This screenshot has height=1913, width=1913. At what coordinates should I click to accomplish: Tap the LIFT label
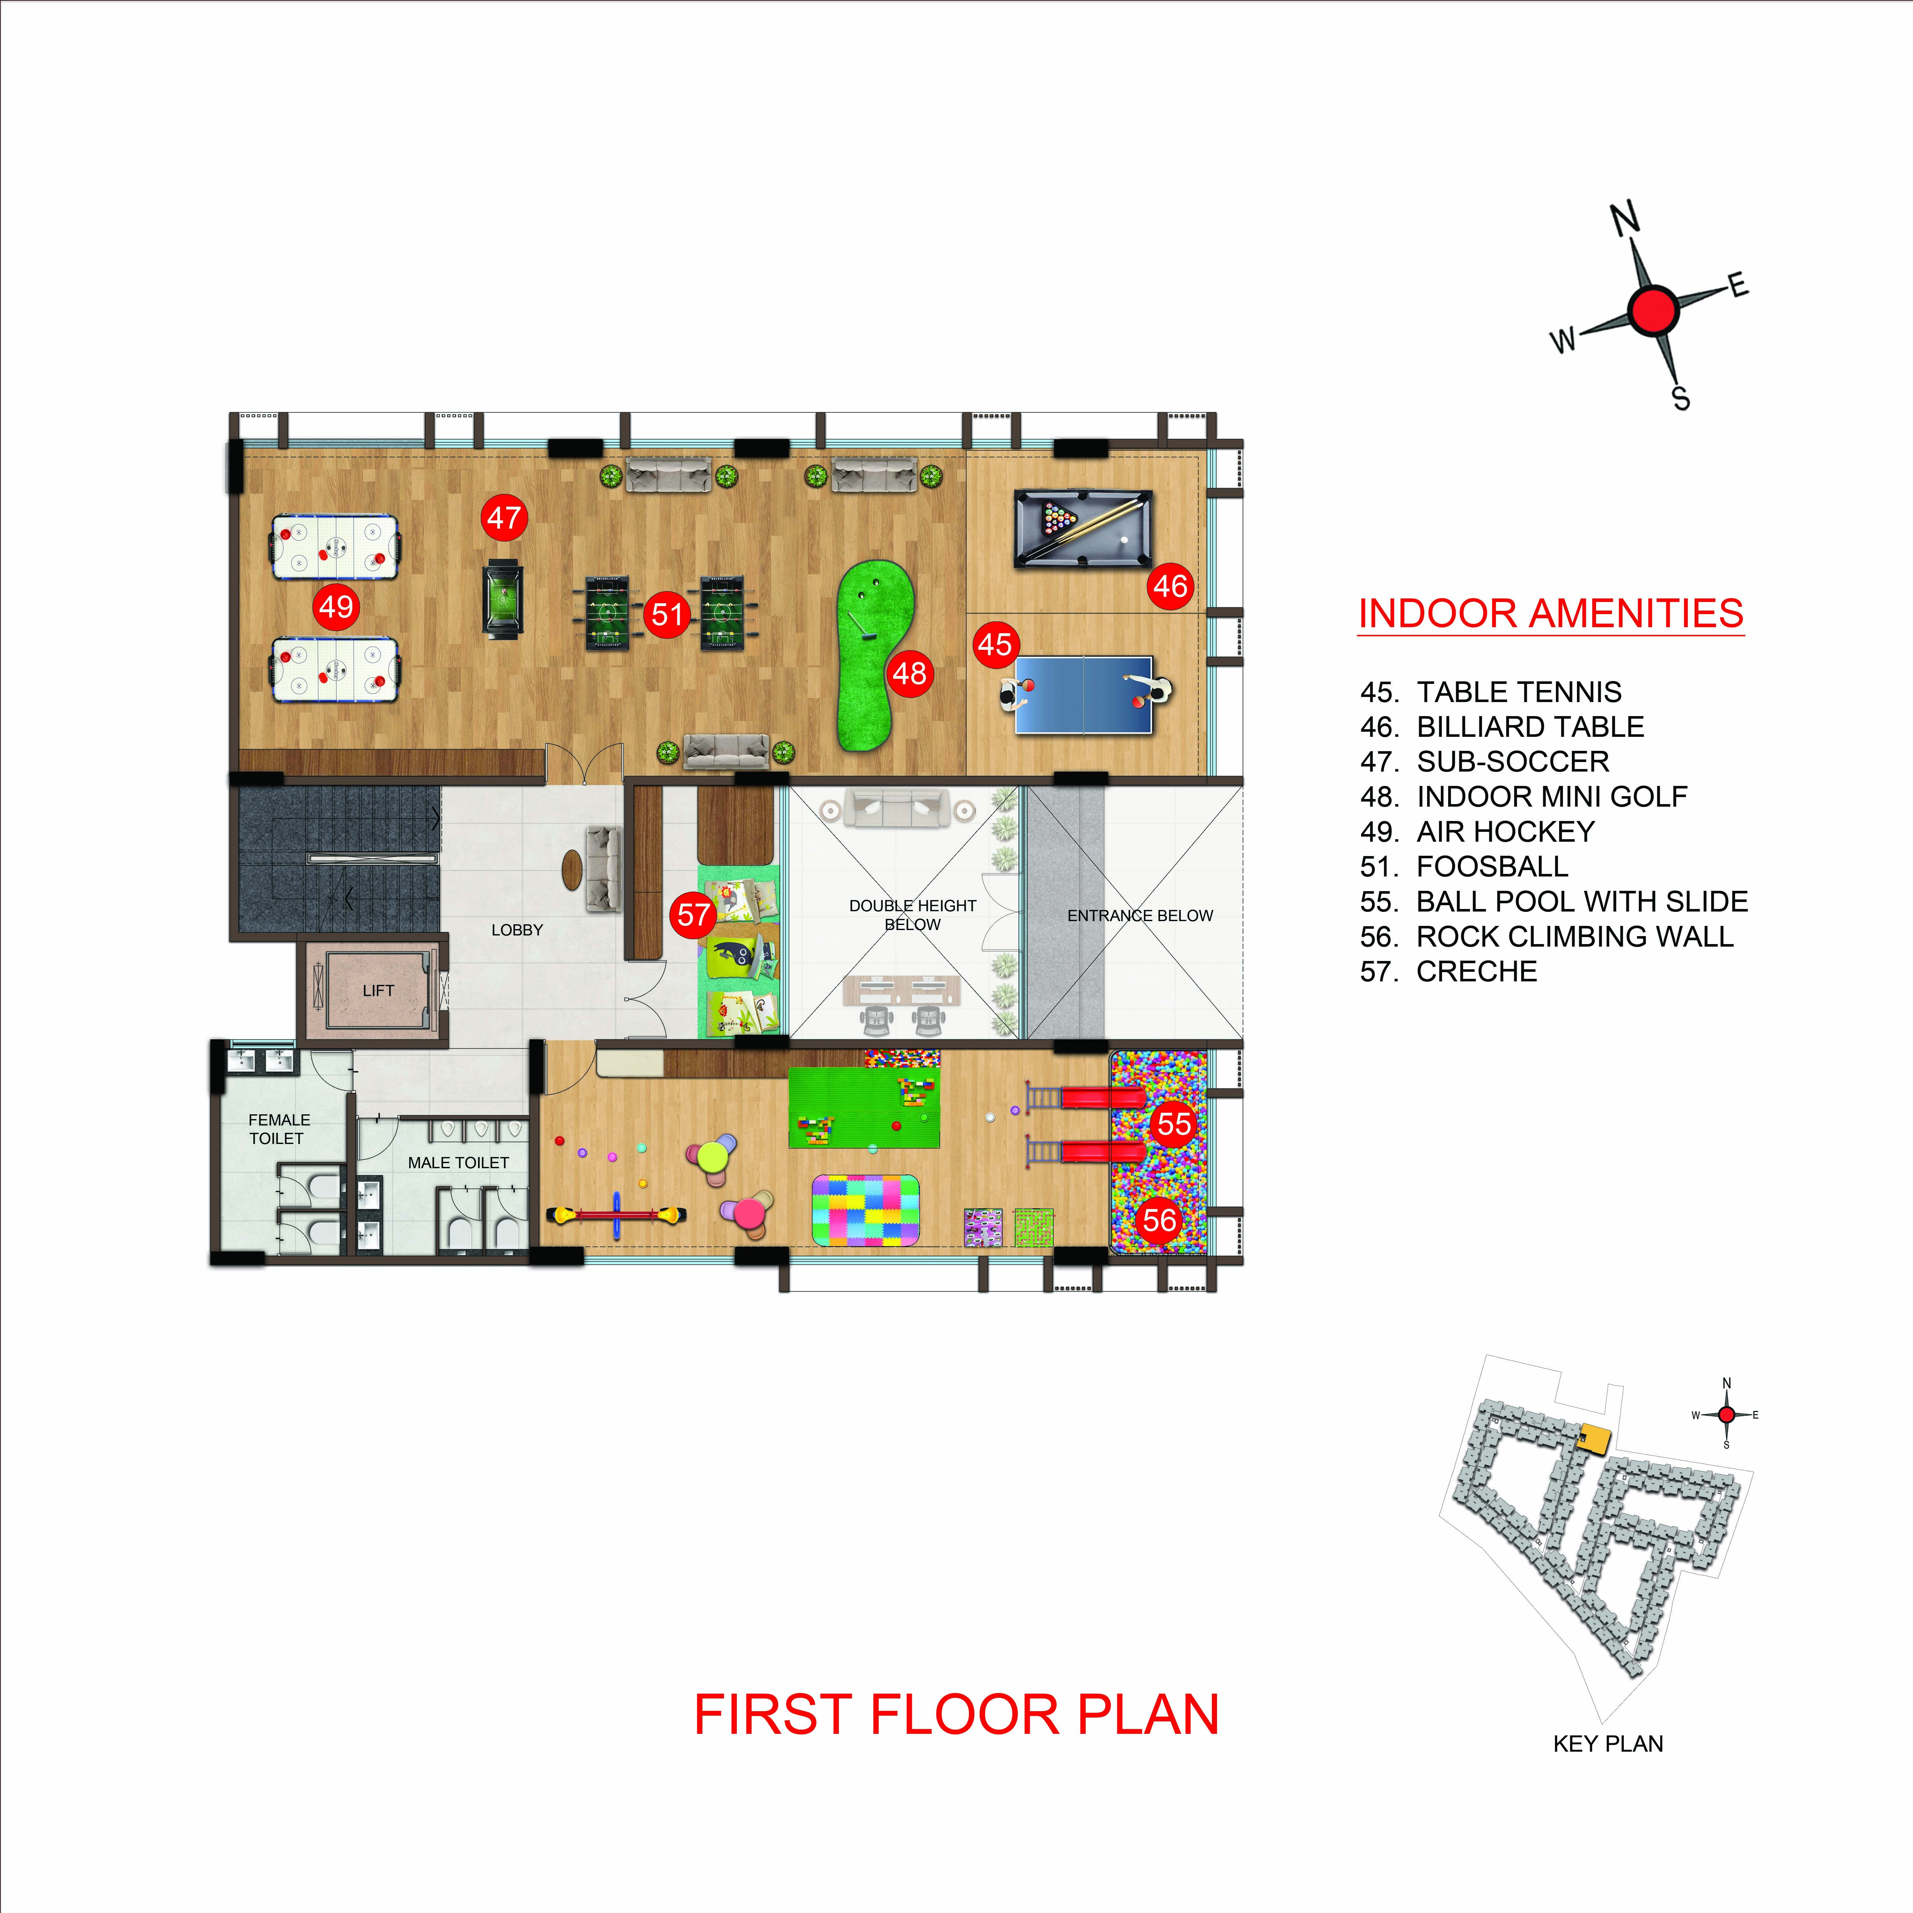[x=378, y=990]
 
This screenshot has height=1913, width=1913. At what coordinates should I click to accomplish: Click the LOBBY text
[x=517, y=930]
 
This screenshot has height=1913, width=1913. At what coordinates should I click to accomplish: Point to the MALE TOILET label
[x=458, y=1162]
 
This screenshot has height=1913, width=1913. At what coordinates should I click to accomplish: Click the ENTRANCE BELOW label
[x=1140, y=916]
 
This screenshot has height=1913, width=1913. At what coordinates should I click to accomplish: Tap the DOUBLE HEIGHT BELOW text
[x=912, y=915]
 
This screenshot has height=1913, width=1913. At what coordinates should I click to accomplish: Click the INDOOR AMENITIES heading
[x=1550, y=614]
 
